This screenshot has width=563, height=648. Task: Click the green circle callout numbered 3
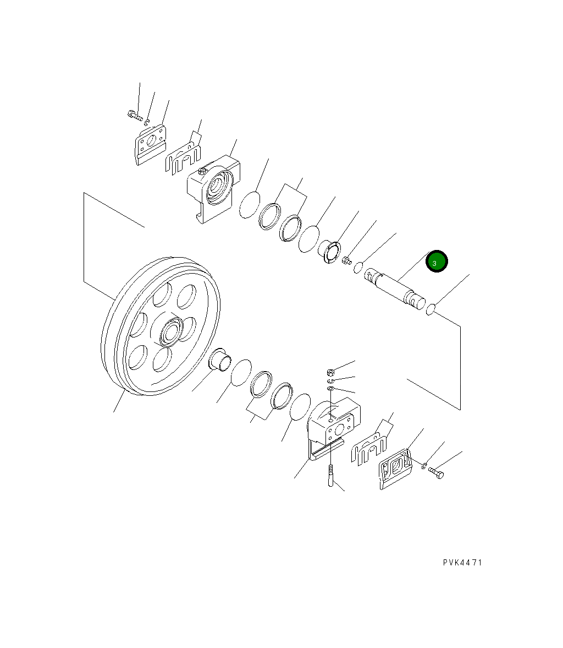(437, 262)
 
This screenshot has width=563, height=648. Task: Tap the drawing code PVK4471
(462, 563)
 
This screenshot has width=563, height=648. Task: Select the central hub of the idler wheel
(170, 332)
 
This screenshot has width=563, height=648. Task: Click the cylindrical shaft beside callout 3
(395, 288)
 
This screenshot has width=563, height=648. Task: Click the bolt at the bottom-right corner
(436, 472)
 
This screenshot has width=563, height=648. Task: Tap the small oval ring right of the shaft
(430, 309)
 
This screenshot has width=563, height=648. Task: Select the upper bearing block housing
(213, 189)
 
